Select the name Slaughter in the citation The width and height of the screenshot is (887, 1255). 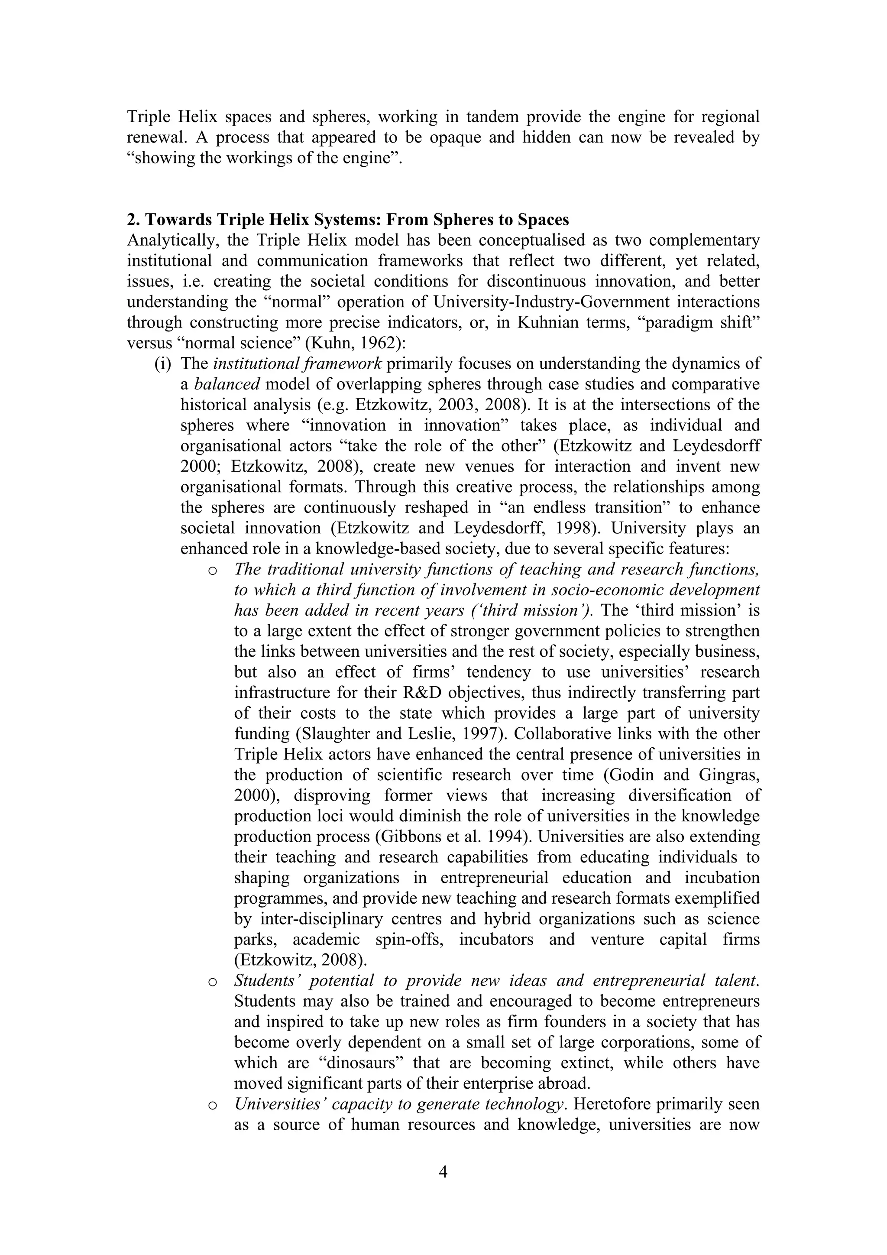click(x=272, y=734)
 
